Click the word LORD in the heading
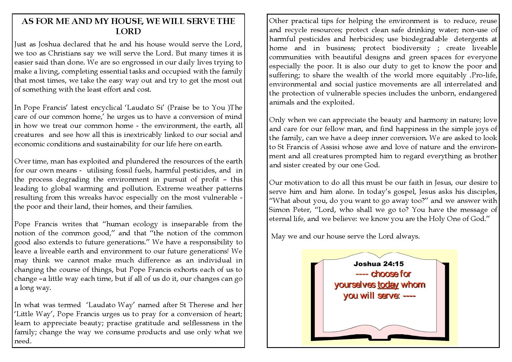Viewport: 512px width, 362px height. [x=128, y=31]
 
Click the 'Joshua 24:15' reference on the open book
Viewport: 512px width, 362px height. [x=379, y=264]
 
